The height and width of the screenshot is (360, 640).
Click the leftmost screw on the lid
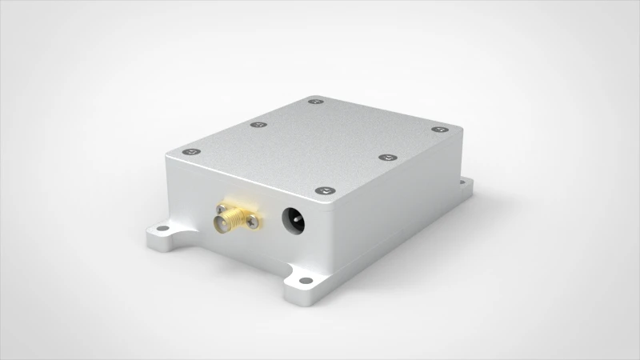[190, 152]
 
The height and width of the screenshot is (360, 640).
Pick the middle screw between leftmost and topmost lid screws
[257, 125]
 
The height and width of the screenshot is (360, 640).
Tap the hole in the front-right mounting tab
[303, 280]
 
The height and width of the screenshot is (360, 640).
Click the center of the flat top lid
[316, 144]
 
